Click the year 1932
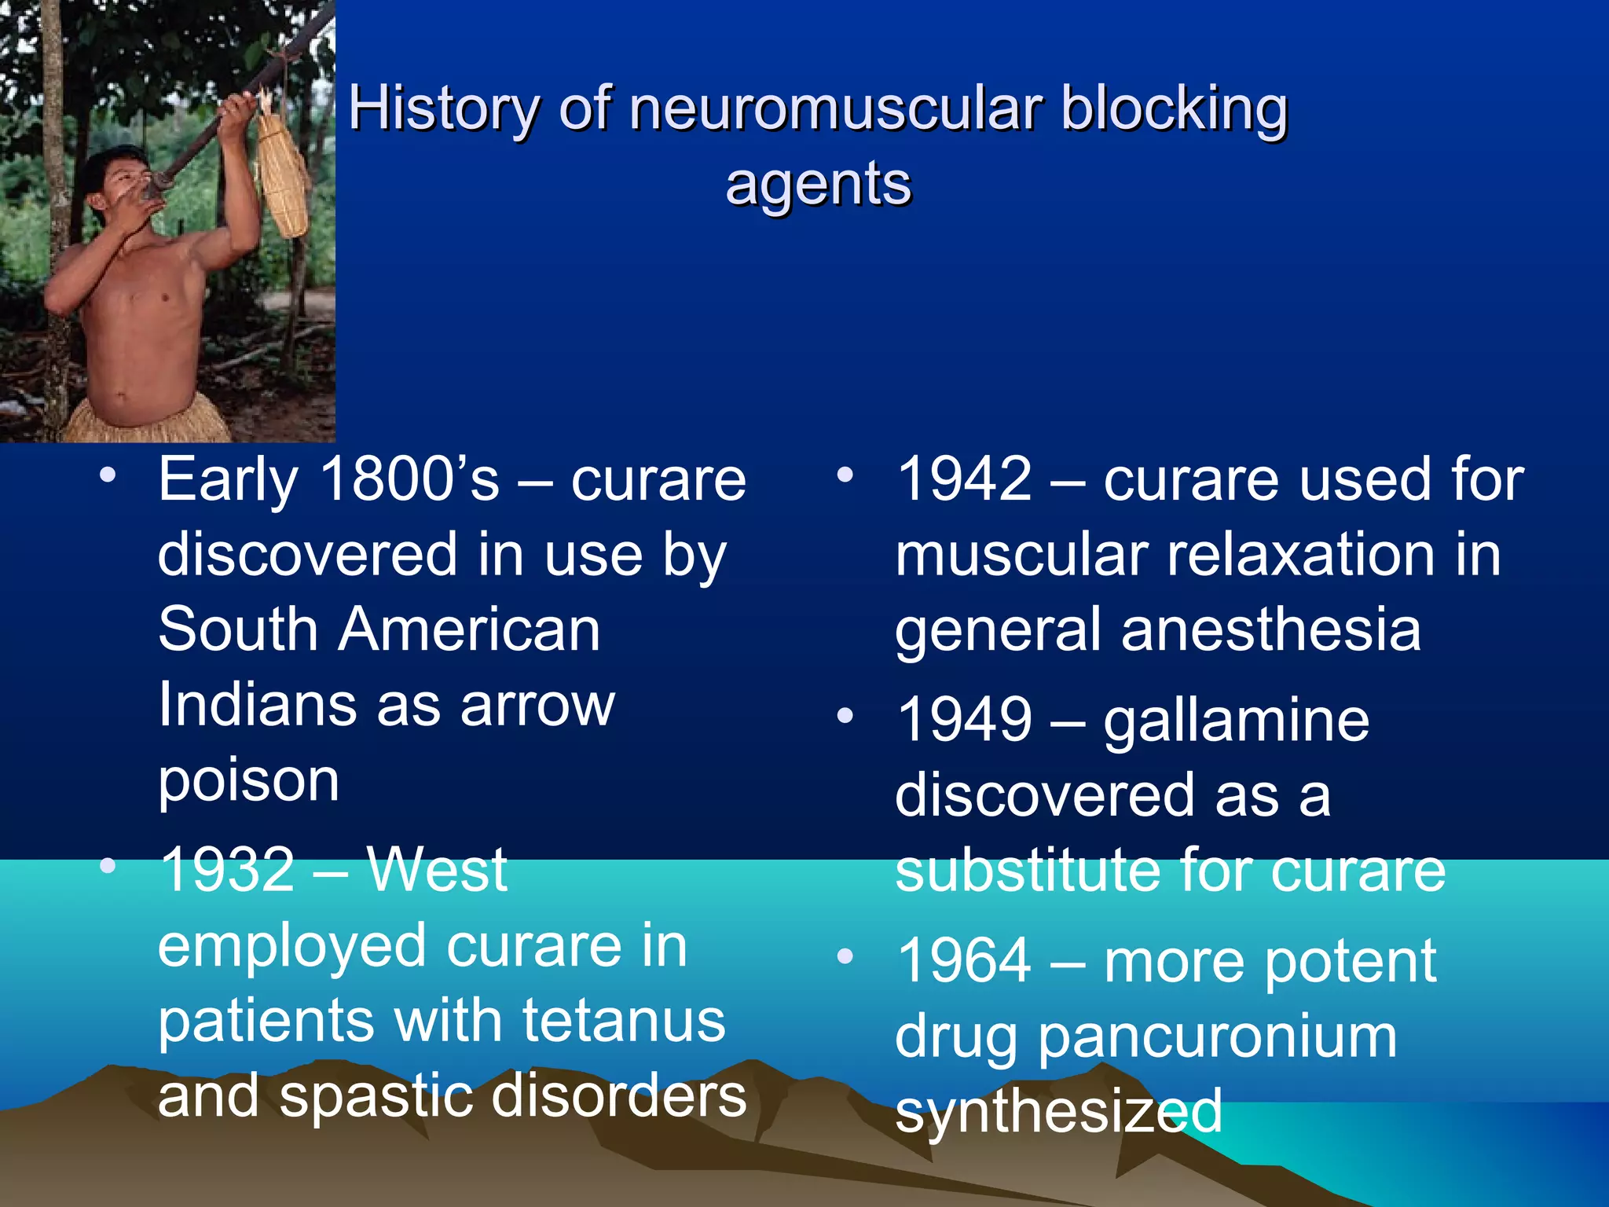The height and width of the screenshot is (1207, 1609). tap(227, 870)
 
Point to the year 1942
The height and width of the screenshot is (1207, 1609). tap(964, 479)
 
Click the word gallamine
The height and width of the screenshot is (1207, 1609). tap(1236, 721)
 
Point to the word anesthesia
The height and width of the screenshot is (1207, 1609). tap(1271, 630)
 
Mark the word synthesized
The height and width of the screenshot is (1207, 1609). tap(1058, 1111)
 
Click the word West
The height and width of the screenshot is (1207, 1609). tap(437, 870)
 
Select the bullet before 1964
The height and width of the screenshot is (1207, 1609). tap(845, 956)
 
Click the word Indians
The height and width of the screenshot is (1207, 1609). tap(258, 705)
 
